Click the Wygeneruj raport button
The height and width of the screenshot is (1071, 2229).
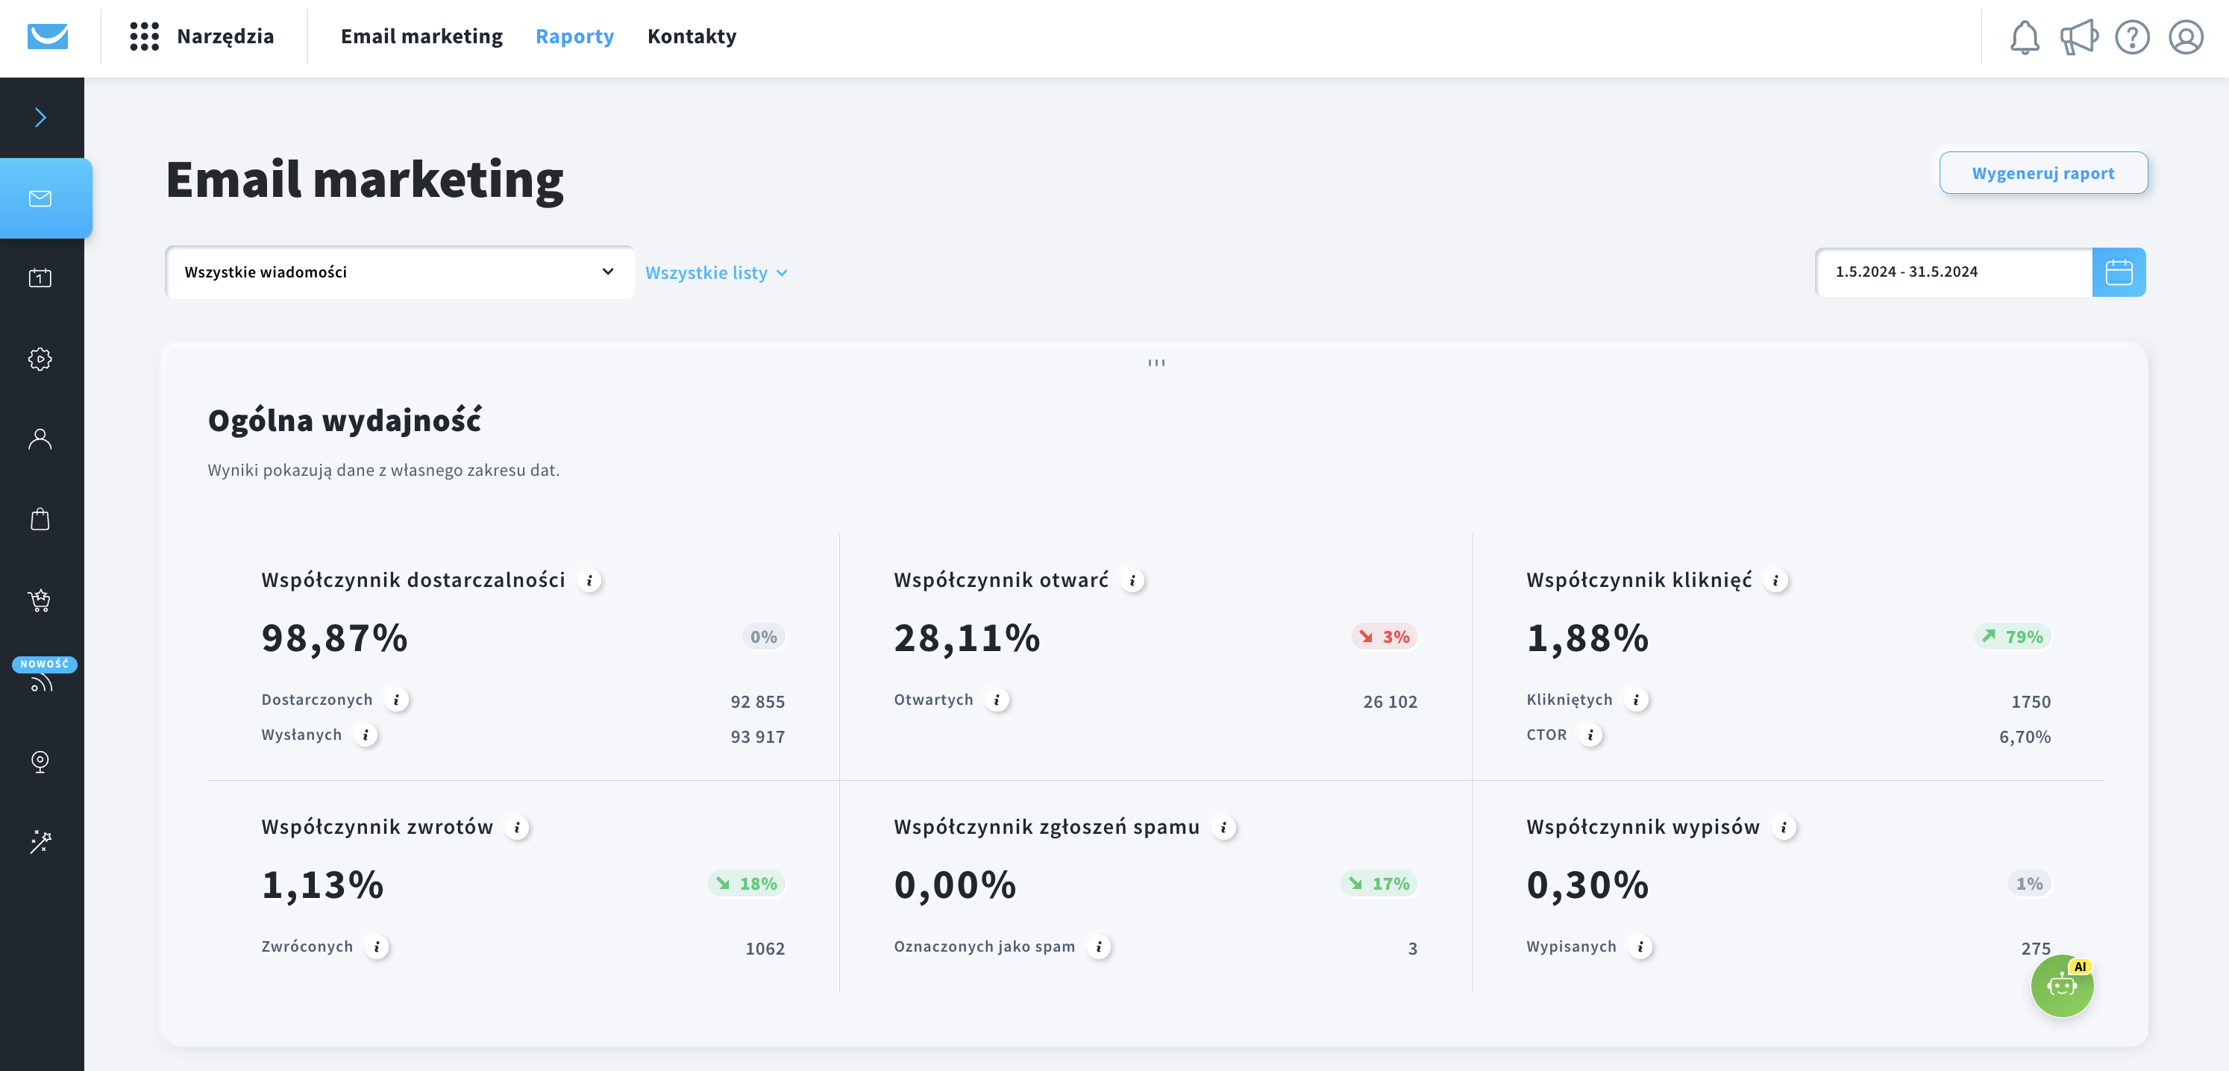click(x=2043, y=173)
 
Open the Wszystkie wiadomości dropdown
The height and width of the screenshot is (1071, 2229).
click(x=400, y=271)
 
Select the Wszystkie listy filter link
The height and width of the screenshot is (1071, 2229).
click(x=716, y=272)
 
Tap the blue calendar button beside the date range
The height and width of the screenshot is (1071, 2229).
click(x=2119, y=271)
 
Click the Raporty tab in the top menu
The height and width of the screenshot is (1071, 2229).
click(x=574, y=37)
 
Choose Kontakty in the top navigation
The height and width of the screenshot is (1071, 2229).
click(x=692, y=37)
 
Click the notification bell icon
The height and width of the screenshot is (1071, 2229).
click(x=2024, y=37)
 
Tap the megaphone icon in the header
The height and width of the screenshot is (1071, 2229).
click(x=2078, y=37)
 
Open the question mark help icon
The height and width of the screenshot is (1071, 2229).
click(x=2132, y=37)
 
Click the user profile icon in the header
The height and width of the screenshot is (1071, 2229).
click(x=2186, y=37)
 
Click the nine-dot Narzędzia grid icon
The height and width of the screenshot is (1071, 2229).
click(x=145, y=37)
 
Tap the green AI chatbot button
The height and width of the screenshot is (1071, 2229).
click(x=2062, y=985)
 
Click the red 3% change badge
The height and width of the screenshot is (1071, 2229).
click(x=1385, y=637)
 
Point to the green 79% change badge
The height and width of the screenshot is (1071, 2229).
click(x=2013, y=637)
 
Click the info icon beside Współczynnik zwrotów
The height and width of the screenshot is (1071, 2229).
click(x=518, y=828)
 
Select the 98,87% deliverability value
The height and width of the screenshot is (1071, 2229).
click(x=335, y=638)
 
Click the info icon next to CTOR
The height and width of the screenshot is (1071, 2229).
click(x=1590, y=735)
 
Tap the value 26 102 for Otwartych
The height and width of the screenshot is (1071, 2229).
click(x=1390, y=702)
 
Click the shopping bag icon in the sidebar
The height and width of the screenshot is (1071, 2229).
click(x=40, y=519)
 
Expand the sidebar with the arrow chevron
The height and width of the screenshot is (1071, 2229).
click(x=40, y=118)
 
